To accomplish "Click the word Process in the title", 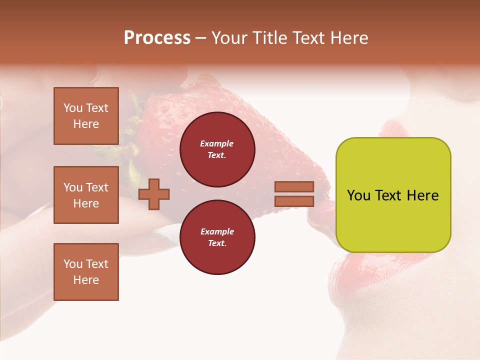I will pos(157,38).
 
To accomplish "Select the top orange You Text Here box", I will pos(86,116).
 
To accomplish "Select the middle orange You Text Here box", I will pos(86,195).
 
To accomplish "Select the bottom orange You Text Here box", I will pos(86,272).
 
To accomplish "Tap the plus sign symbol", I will pos(154,194).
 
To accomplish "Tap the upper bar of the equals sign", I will pos(294,186).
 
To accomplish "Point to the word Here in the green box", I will pos(422,195).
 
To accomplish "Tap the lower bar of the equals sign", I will pos(294,201).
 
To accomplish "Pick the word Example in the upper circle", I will pos(216,143).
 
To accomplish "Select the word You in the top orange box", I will pos(73,108).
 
